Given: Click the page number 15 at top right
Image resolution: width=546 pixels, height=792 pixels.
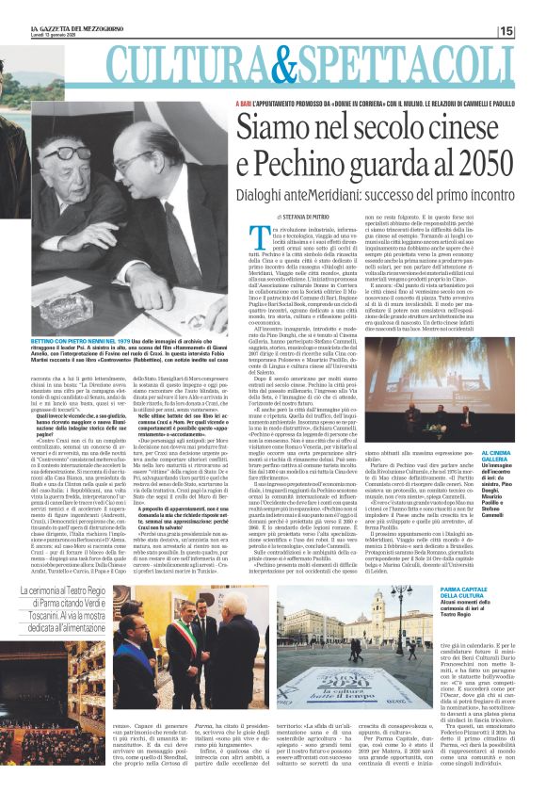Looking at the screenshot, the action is click(533, 32).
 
